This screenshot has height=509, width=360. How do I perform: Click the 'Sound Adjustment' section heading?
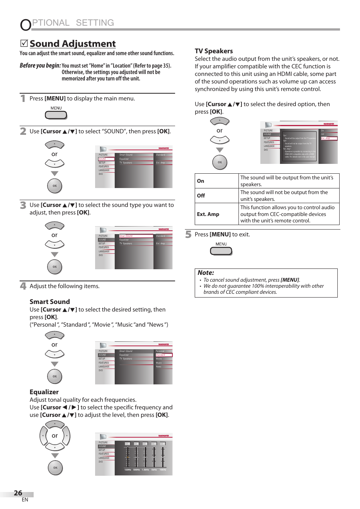tap(72, 44)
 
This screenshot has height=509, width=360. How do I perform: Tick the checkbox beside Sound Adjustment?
tap(24, 43)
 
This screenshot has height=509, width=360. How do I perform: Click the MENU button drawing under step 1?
tap(56, 115)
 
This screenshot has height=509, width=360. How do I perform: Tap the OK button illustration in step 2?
tap(55, 186)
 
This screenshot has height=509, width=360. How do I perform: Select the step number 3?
tap(23, 205)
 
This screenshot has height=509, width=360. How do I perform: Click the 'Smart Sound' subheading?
tap(50, 302)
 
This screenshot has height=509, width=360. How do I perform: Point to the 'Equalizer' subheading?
tap(44, 392)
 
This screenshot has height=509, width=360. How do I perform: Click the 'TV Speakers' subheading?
tap(214, 51)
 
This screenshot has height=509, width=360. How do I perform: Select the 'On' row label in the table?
tap(200, 181)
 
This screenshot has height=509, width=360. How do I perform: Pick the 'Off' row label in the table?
tap(201, 196)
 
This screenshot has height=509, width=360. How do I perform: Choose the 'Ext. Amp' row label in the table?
tap(208, 214)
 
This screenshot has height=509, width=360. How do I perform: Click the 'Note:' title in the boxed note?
tap(206, 273)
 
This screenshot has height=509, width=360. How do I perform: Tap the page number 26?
tap(18, 493)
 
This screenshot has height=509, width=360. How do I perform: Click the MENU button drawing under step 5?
tap(221, 251)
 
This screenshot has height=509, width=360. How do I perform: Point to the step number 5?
tap(188, 234)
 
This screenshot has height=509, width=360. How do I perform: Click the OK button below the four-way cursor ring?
tap(55, 468)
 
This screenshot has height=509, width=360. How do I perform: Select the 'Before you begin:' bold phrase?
tap(40, 66)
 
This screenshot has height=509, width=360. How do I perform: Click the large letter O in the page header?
tap(26, 25)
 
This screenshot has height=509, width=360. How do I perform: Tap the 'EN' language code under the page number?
tap(25, 500)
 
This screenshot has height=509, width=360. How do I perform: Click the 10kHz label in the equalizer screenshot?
tap(163, 470)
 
